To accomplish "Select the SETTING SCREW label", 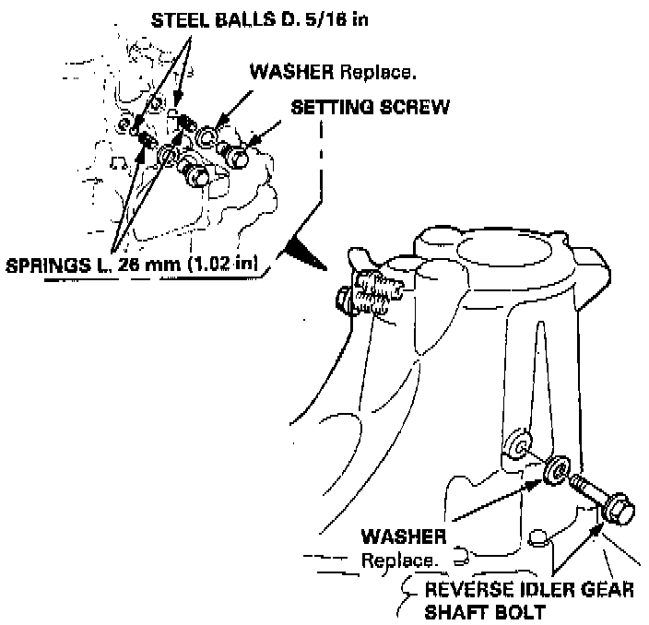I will [370, 107].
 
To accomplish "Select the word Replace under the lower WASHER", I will [398, 560].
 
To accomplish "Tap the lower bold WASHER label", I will [403, 536].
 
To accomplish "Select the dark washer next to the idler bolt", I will [558, 467].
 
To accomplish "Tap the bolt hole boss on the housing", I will [520, 447].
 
